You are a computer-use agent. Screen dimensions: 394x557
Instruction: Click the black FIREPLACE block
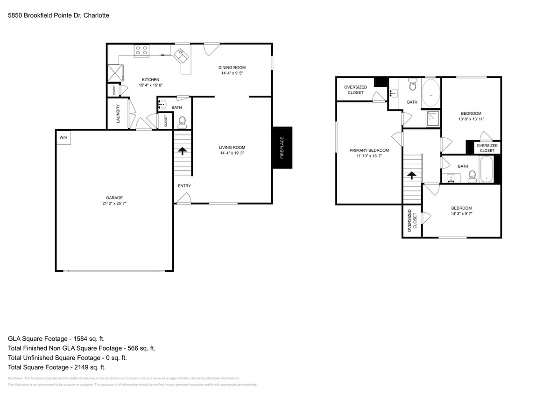tap(282, 148)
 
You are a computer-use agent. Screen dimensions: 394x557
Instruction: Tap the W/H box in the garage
tap(63, 138)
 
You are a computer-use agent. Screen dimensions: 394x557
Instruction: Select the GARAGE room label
tap(114, 197)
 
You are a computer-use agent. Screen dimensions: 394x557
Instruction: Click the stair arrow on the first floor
tap(182, 151)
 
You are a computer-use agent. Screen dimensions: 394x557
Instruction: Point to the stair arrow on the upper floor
tap(411, 176)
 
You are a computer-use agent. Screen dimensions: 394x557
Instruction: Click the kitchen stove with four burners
tap(141, 50)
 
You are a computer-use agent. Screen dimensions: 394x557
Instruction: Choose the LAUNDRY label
tap(118, 113)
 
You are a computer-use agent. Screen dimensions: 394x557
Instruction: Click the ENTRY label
tap(184, 186)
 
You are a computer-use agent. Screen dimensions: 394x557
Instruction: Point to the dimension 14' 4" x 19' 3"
tap(232, 153)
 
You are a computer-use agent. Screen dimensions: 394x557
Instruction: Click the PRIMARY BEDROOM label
tap(369, 150)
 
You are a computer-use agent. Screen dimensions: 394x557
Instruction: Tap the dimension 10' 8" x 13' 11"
tap(471, 119)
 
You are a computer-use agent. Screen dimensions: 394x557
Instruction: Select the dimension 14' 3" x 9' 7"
tap(461, 214)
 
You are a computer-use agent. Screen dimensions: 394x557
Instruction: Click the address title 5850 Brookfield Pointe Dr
tap(58, 15)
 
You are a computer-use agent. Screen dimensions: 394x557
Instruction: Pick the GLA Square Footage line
tap(59, 338)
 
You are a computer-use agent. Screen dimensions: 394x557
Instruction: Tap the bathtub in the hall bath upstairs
tap(486, 169)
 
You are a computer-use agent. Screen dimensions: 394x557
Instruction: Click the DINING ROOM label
tap(232, 68)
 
